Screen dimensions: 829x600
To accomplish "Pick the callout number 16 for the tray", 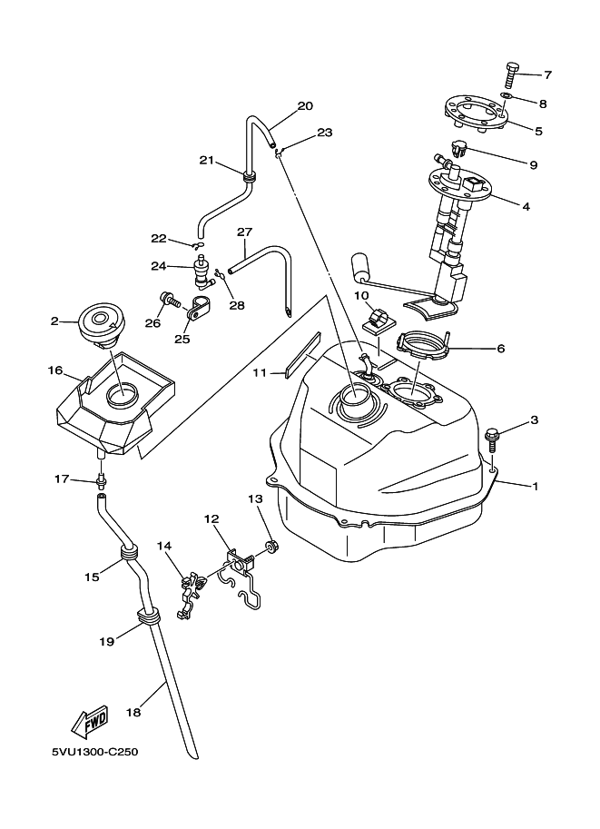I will pyautogui.click(x=54, y=370).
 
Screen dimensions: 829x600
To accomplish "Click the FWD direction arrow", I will pyautogui.click(x=91, y=723).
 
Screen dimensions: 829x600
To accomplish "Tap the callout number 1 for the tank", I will pyautogui.click(x=536, y=486).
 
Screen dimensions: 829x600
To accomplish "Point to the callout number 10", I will pyautogui.click(x=360, y=295).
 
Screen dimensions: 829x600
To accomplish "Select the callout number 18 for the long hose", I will pyautogui.click(x=133, y=714).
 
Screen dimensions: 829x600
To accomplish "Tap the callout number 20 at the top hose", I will pyautogui.click(x=305, y=106).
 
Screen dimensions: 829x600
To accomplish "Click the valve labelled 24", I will pyautogui.click(x=200, y=269).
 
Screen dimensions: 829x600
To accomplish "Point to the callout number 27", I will pyautogui.click(x=243, y=232).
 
